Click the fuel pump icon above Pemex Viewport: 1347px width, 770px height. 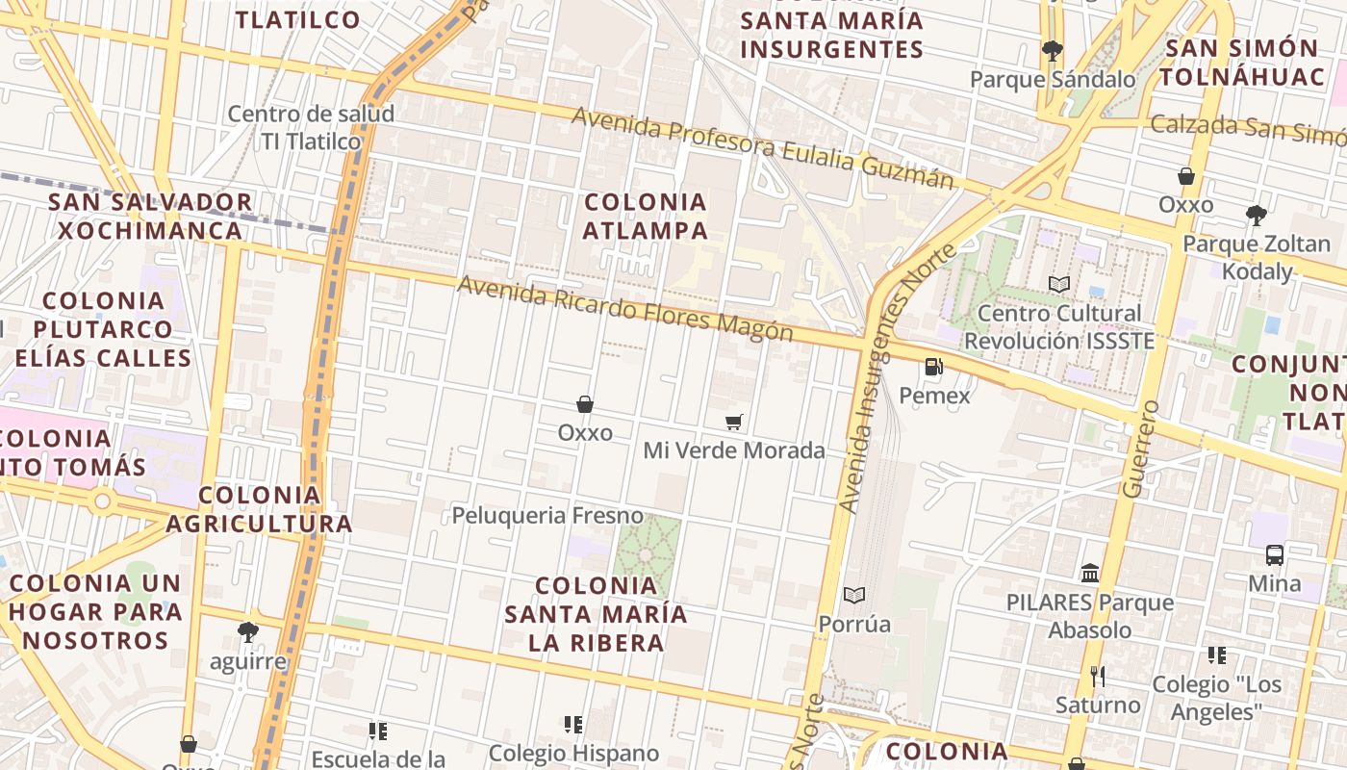coord(932,367)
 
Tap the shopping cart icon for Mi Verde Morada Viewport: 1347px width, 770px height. coord(734,422)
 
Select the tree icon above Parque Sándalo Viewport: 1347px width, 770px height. coord(1052,50)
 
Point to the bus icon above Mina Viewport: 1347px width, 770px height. coord(1275,554)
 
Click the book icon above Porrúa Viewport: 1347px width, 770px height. coord(854,595)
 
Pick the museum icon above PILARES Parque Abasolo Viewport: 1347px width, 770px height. coord(1090,573)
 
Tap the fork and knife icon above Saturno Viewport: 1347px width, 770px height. coord(1097,676)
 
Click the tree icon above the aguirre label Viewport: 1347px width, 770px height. coord(248,632)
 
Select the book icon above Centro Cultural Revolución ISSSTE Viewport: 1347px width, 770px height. coord(1058,284)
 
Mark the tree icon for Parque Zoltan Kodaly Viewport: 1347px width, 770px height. coord(1256,215)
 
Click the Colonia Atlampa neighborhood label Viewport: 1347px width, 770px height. coord(646,217)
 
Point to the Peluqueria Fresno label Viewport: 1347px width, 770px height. coord(547,515)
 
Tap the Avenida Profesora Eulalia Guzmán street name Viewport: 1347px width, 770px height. coord(763,148)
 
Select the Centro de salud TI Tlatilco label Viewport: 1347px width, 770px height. coord(311,127)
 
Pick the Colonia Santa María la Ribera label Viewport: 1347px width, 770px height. coord(597,614)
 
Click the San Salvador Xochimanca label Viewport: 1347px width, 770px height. coord(150,217)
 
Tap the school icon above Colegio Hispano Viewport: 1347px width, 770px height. coord(573,724)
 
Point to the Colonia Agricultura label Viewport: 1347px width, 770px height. coord(260,509)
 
